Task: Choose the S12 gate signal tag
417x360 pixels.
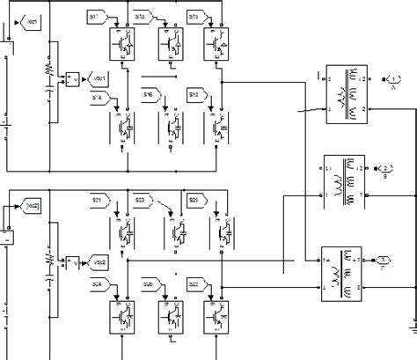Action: [x=195, y=93]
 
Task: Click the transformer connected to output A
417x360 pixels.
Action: [x=341, y=90]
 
